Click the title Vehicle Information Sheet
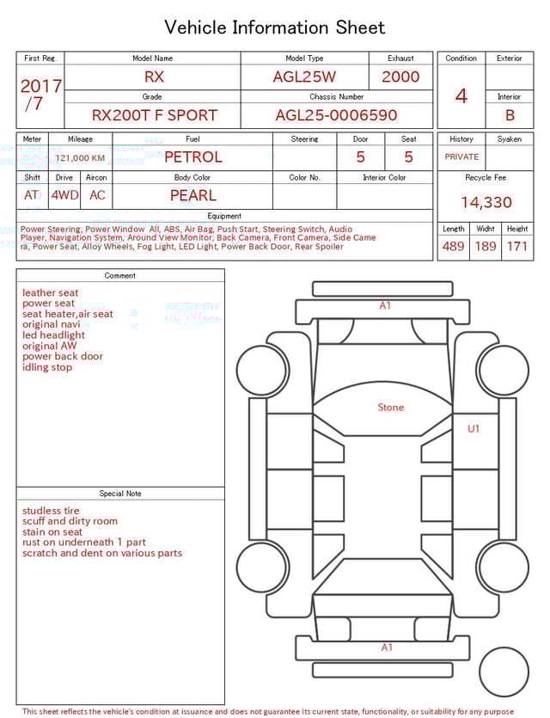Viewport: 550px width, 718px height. coord(275,28)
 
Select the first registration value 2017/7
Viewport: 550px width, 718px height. coord(40,95)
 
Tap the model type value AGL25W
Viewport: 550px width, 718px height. coord(304,77)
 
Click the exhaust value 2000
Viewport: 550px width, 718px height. coord(400,77)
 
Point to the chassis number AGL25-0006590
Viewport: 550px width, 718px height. coord(336,115)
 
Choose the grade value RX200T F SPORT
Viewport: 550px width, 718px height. coord(155,115)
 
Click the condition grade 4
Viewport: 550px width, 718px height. coord(461,95)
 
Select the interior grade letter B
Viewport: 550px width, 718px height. coord(510,115)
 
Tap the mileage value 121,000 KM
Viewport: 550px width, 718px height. coord(80,158)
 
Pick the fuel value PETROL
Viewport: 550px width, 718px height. coord(192,156)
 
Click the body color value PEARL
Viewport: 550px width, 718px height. coord(192,195)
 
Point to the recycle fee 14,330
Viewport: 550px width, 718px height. coord(486,203)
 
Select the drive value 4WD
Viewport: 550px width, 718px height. coord(64,195)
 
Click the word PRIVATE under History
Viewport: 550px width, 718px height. coord(461,157)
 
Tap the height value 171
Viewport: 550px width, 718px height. coord(517,247)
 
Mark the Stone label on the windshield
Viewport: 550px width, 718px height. coord(390,408)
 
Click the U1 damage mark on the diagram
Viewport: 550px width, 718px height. coord(474,428)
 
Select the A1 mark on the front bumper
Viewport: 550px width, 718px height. coord(386,305)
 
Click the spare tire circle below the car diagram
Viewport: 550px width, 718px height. coord(504,672)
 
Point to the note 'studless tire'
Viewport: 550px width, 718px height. coord(51,511)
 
